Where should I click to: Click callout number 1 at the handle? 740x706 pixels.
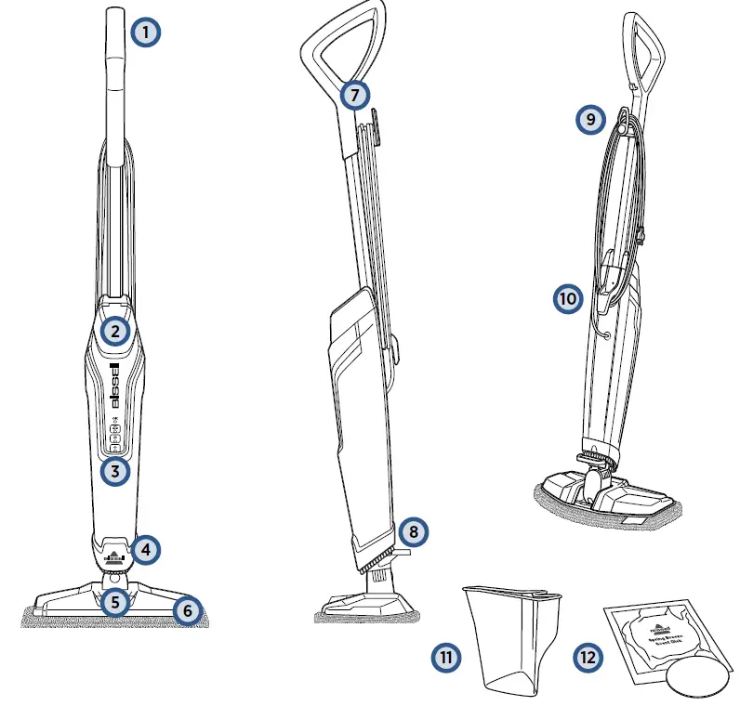(145, 33)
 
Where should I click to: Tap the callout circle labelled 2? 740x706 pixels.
(114, 330)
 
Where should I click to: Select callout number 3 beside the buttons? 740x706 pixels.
(114, 471)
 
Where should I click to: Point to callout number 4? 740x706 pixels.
(144, 549)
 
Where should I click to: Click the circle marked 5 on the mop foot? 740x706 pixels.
(114, 602)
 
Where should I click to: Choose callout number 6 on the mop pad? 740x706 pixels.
(187, 610)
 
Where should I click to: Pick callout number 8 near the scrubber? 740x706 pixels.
(414, 531)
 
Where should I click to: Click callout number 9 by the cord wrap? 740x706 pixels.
(589, 119)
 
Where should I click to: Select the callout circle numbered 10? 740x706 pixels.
(568, 298)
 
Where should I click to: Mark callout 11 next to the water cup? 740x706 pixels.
(446, 657)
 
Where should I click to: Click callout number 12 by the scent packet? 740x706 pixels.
(587, 657)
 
